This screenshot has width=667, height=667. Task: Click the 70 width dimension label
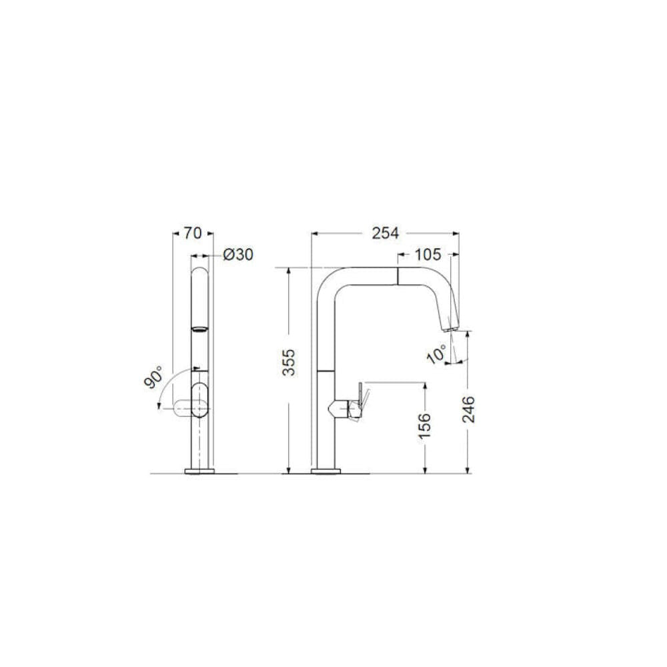point(192,233)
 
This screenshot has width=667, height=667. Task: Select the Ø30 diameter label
point(238,254)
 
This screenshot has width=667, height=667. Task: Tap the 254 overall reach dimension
point(386,233)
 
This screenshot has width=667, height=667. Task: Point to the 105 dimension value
point(428,254)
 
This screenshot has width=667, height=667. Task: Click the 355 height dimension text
point(289,362)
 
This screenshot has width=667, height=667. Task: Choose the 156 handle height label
point(424,426)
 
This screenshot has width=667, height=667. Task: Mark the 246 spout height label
point(468,410)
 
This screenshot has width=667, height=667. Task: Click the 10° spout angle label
point(437,354)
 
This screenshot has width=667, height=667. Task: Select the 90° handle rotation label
point(154,377)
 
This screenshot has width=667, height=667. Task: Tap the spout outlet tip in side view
point(450,328)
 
